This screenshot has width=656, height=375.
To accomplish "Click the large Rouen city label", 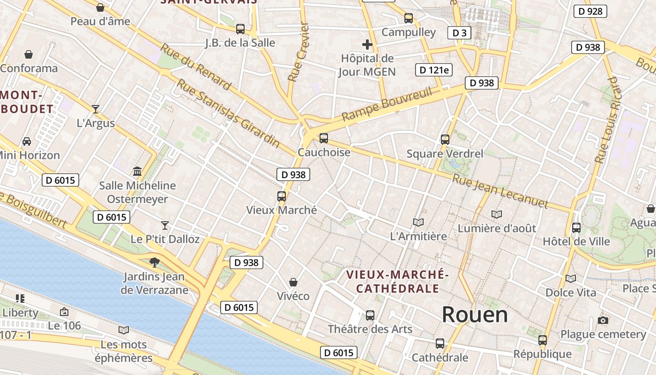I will (x=475, y=315).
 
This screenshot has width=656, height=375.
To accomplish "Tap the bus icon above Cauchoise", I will (x=323, y=138).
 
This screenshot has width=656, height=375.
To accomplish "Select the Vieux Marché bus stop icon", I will (x=281, y=196).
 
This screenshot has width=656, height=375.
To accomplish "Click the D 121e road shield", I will (x=433, y=70).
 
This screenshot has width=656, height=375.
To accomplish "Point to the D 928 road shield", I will (x=590, y=11).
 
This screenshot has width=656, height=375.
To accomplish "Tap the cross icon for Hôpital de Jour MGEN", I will (x=367, y=45).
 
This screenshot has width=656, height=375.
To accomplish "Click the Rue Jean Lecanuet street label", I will (x=499, y=191).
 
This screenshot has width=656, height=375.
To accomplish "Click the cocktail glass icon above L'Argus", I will (x=96, y=109).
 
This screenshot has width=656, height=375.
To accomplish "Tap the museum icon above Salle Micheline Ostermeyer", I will (x=137, y=171).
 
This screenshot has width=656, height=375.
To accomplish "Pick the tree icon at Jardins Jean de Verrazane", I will (x=154, y=262).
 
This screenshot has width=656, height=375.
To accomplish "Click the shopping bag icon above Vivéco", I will (x=293, y=282).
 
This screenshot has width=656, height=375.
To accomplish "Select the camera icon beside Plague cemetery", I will (x=603, y=321).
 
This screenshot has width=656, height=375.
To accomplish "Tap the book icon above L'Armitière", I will (x=418, y=222).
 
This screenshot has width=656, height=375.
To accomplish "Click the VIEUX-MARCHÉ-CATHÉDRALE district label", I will (x=397, y=281).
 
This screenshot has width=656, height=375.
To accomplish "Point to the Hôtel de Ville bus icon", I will (x=576, y=228).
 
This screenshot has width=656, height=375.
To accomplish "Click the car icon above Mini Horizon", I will (x=27, y=141).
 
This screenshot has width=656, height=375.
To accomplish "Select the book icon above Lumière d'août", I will (x=497, y=214).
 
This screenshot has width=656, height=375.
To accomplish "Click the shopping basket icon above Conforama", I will (x=29, y=54).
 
